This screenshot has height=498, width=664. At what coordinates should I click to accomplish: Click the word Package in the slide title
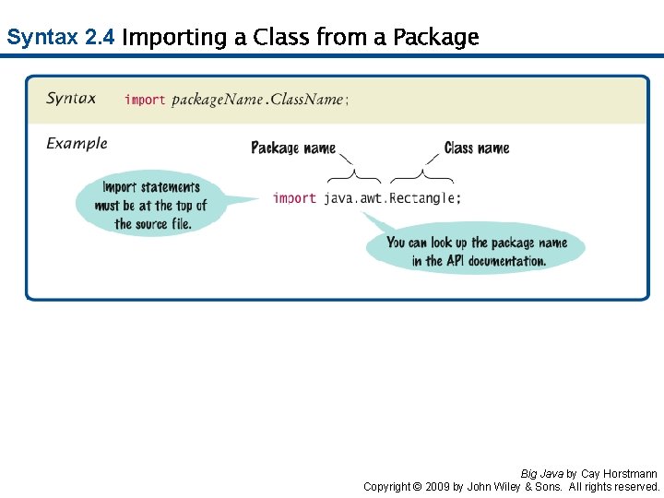pyautogui.click(x=435, y=38)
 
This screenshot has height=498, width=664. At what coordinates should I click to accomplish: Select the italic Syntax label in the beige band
pyautogui.click(x=71, y=99)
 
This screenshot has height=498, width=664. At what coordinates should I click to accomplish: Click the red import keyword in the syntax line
pyautogui.click(x=145, y=100)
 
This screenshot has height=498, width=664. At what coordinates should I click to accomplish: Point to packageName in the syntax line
pyautogui.click(x=217, y=100)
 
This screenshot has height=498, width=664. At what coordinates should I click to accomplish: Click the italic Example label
pyautogui.click(x=77, y=143)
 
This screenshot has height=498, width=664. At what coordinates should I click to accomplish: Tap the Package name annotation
pyautogui.click(x=293, y=148)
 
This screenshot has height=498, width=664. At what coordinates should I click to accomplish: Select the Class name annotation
pyautogui.click(x=476, y=148)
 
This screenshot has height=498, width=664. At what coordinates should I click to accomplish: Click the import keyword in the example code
pyautogui.click(x=294, y=197)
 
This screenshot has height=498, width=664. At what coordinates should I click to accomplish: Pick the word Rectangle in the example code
pyautogui.click(x=421, y=197)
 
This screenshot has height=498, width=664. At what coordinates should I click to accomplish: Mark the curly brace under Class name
pyautogui.click(x=421, y=175)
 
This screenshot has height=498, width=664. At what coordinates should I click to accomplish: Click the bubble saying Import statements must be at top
pyautogui.click(x=151, y=206)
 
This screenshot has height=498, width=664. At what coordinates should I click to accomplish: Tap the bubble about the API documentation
pyautogui.click(x=476, y=251)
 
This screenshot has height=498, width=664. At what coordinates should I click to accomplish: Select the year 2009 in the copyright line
pyautogui.click(x=438, y=486)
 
